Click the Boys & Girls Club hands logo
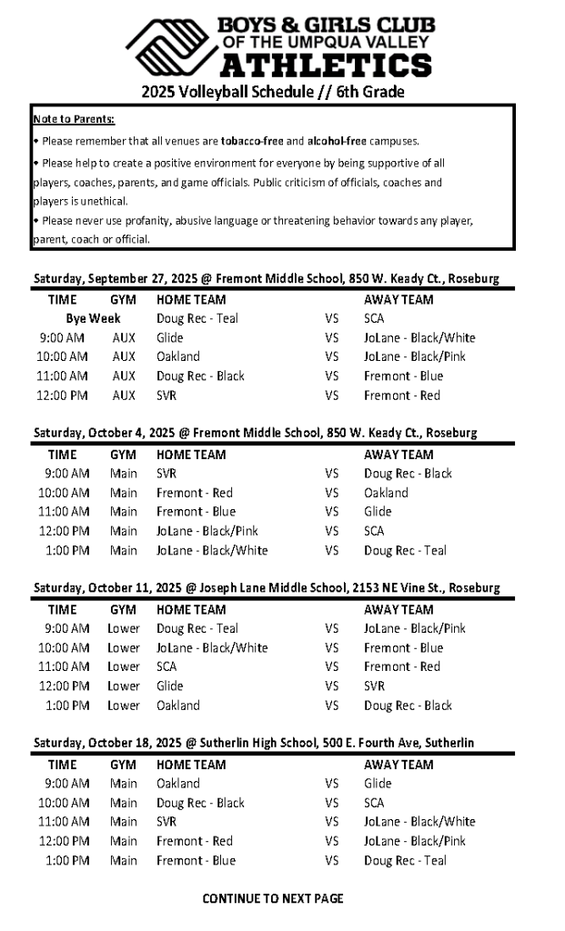pyautogui.click(x=170, y=49)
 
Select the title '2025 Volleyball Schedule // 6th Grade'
pyautogui.click(x=273, y=92)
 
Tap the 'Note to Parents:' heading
pyautogui.click(x=74, y=120)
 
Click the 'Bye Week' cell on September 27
pyautogui.click(x=93, y=318)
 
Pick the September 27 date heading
pyautogui.click(x=267, y=279)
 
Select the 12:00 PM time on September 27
pyautogui.click(x=63, y=395)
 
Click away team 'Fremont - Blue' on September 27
pyautogui.click(x=403, y=376)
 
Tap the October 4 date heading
pyautogui.click(x=256, y=434)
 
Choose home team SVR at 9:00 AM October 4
pyautogui.click(x=166, y=474)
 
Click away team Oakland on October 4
pyautogui.click(x=386, y=493)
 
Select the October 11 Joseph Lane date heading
pyautogui.click(x=267, y=588)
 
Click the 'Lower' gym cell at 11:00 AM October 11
pyautogui.click(x=124, y=666)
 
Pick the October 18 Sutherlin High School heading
pyautogui.click(x=254, y=743)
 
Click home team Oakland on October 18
pyautogui.click(x=178, y=783)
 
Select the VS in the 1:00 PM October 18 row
pyautogui.click(x=331, y=860)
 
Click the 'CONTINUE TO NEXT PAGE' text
pyautogui.click(x=273, y=898)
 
